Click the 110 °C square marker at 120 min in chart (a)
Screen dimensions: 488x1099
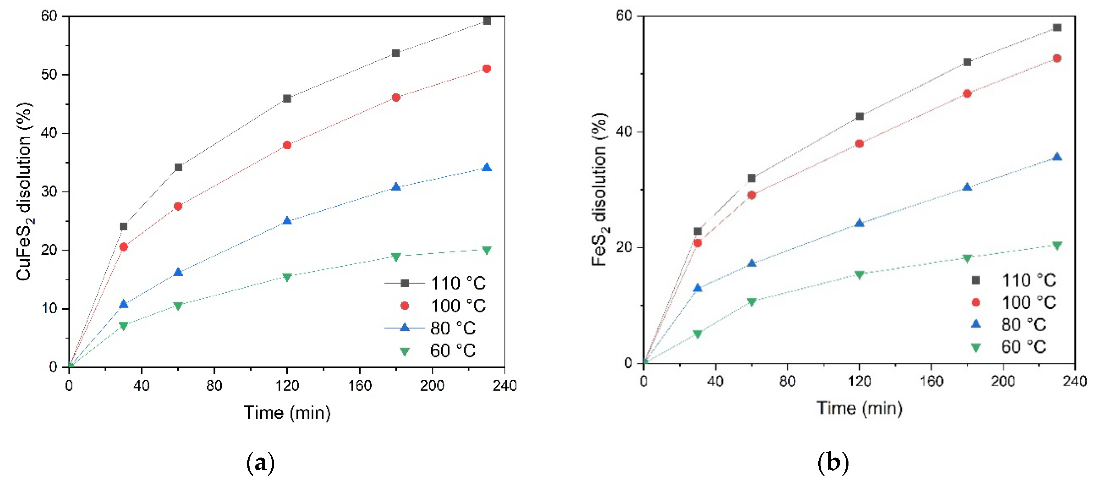tap(287, 99)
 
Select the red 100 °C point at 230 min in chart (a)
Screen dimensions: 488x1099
tap(486, 69)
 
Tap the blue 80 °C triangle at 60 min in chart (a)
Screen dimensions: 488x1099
tap(178, 272)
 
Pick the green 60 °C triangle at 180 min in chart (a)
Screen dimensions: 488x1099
tap(396, 257)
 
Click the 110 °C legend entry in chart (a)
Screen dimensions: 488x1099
tap(435, 283)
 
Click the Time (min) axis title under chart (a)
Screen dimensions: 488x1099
tap(287, 412)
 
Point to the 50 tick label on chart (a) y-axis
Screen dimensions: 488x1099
tap(49, 75)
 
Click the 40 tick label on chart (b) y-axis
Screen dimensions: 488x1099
tap(624, 132)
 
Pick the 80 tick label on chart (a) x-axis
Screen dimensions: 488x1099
tap(214, 386)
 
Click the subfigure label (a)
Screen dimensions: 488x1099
tap(260, 463)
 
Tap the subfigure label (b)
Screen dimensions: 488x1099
tap(833, 463)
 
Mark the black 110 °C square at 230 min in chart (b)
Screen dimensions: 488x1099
tap(1057, 28)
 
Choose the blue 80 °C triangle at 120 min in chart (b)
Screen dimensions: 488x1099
tap(859, 223)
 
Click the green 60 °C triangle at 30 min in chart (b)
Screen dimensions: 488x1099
tap(697, 334)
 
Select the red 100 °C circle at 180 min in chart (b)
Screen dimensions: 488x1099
tap(967, 94)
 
